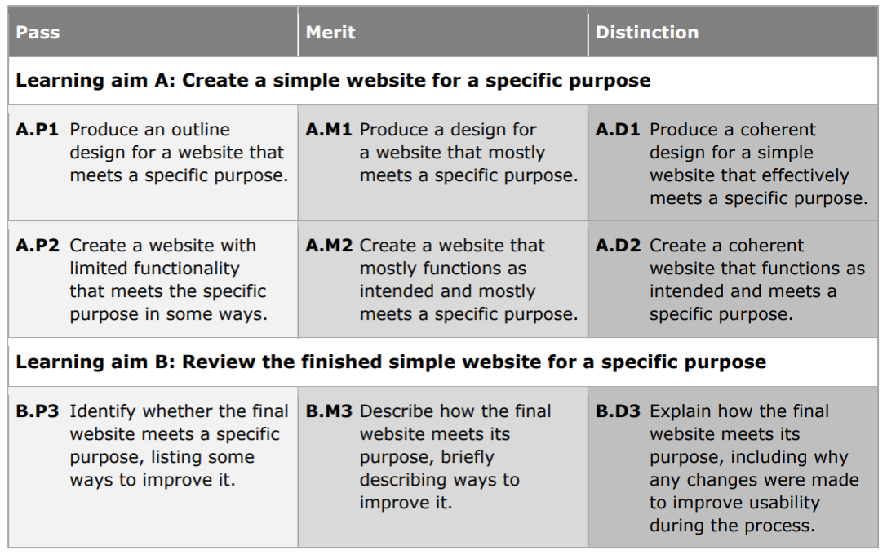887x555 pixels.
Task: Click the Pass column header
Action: click(38, 33)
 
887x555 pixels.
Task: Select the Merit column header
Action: click(330, 33)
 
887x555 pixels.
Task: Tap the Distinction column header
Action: click(647, 33)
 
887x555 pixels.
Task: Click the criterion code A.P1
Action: click(38, 130)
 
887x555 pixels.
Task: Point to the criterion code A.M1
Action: click(329, 130)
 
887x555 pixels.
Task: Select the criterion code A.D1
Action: click(618, 130)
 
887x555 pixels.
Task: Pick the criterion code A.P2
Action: click(38, 246)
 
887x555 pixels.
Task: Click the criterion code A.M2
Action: click(329, 246)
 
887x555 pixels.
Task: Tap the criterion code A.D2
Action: click(619, 246)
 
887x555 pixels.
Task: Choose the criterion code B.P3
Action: click(38, 411)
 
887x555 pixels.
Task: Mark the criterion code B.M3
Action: click(329, 411)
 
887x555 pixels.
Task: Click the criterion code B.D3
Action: click(619, 411)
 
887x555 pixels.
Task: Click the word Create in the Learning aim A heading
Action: click(215, 80)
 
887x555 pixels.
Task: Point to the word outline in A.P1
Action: click(201, 130)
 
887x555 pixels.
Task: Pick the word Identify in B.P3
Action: click(104, 412)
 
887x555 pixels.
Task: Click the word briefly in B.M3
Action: click(468, 457)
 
